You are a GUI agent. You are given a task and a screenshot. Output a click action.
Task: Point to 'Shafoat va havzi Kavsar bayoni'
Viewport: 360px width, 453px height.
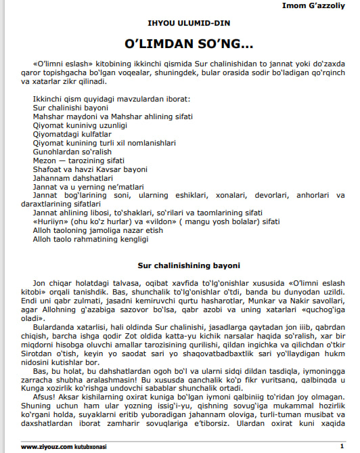point(89,169)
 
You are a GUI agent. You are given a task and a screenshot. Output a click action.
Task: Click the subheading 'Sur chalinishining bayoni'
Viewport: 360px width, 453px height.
point(179,265)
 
